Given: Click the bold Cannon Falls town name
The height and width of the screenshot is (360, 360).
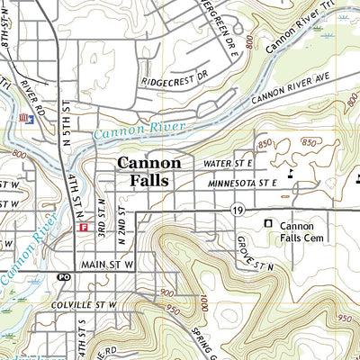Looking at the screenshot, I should pos(149,171).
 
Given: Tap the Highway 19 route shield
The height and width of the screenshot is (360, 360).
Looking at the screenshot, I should pos(237,210).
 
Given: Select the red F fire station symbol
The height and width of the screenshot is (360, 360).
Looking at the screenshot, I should pos(83,229).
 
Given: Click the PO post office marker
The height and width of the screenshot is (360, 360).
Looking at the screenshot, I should pos(64,277).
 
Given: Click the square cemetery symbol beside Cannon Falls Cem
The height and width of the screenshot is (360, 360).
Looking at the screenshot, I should pos(267,223).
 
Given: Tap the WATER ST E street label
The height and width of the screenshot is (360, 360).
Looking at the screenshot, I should pos(229,163).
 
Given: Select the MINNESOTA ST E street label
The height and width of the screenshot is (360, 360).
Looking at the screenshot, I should pos(241,183).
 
